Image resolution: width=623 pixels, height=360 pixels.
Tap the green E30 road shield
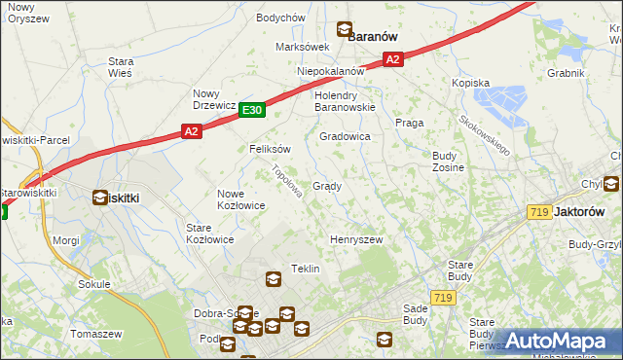click(x=252, y=111)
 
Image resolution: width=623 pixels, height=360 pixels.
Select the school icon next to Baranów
click(x=344, y=30)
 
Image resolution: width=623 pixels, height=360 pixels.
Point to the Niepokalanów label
click(x=331, y=71)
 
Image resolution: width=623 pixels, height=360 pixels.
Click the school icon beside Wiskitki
click(x=100, y=198)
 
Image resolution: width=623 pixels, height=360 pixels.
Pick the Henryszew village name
click(x=356, y=239)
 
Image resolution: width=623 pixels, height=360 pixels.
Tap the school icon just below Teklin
click(x=274, y=280)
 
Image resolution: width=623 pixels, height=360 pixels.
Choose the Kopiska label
click(x=470, y=84)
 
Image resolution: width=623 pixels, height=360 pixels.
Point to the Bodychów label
click(x=280, y=18)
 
